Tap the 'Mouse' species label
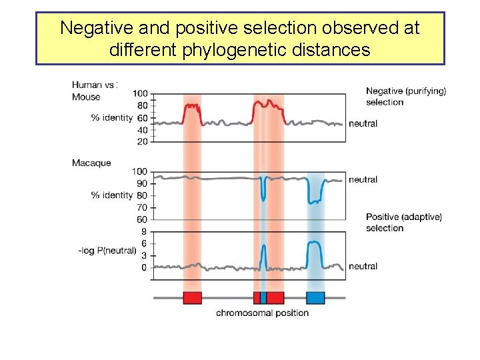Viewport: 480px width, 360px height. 86,97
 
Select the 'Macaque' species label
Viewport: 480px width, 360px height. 91,163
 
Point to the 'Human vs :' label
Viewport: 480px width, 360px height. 95,85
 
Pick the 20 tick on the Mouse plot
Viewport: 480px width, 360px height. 142,141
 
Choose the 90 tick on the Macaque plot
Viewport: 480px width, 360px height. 142,183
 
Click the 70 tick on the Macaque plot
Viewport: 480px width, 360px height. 142,207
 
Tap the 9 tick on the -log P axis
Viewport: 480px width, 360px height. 144,231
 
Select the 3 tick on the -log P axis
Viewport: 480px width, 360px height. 144,255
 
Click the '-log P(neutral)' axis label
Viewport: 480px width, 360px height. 107,251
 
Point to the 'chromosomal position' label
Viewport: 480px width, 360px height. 262,313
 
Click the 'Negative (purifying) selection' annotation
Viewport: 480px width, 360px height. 405,97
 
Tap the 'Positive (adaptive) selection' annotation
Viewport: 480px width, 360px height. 403,223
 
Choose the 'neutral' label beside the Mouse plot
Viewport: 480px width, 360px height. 363,123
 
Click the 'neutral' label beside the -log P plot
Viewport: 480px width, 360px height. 363,266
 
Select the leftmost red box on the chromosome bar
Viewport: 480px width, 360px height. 192,297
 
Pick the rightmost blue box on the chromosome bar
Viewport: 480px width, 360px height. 315,297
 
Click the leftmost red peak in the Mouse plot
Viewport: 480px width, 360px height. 192,106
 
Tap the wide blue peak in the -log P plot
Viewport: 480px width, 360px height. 315,245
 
